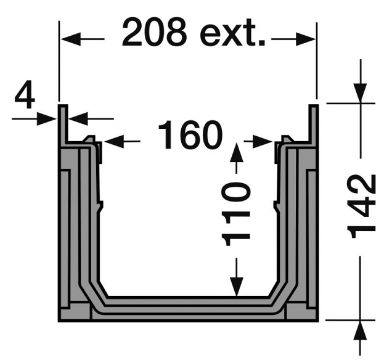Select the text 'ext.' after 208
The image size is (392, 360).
pos(234,33)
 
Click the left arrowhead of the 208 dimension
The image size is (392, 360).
pos(68,39)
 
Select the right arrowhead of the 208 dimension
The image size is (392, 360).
pos(306,39)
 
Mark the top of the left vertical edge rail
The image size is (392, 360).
pos(63,108)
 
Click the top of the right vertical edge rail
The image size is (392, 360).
pos(313,108)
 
